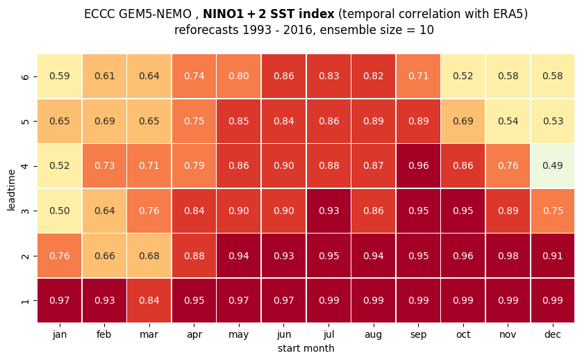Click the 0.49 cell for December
point(553,165)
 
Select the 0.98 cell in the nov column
point(508,256)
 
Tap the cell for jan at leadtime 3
point(60,211)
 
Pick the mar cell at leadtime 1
point(149,300)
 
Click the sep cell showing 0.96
point(418,165)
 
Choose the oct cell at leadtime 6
point(463,76)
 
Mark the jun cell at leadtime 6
point(284,76)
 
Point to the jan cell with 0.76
point(60,256)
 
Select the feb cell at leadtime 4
point(105,165)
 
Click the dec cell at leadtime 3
point(553,211)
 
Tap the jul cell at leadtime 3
point(329,211)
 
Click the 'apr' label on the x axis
point(194,335)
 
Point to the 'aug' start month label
point(374,335)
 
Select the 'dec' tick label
point(553,334)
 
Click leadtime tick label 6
point(25,76)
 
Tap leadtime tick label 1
point(25,301)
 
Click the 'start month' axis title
point(306,348)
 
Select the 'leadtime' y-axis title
point(12,190)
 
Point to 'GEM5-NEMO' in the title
point(155,14)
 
